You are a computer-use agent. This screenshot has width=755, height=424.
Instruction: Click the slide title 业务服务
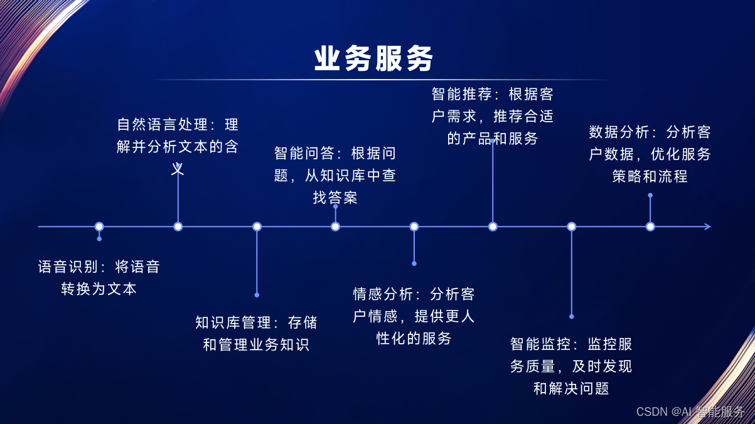pos(373,59)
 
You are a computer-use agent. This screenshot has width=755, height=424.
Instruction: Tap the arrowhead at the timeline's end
pos(707,226)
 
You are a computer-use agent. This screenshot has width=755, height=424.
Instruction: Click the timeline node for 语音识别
pos(99,226)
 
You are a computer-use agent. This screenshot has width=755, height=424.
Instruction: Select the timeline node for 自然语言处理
pos(178,226)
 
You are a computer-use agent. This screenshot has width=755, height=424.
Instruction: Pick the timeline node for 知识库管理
pos(257,226)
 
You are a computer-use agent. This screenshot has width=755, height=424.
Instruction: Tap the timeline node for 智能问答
pos(336,226)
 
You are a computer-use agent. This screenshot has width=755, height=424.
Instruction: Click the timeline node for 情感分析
pos(414,226)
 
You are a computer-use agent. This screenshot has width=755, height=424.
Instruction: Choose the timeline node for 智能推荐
pos(493,226)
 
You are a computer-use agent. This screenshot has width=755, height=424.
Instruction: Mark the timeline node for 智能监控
pos(572,226)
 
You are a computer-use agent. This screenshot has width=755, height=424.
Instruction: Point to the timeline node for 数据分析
pos(650,226)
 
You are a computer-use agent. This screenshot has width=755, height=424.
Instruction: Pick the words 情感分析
pos(383,294)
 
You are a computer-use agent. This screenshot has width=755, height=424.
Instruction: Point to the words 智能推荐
pos(462,95)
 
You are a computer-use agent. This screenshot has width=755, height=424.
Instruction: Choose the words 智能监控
pos(540,344)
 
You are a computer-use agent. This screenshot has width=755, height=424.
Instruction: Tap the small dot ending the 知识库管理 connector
pos(257,294)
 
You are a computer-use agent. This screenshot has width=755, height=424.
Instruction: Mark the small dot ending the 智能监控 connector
pos(572,316)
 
